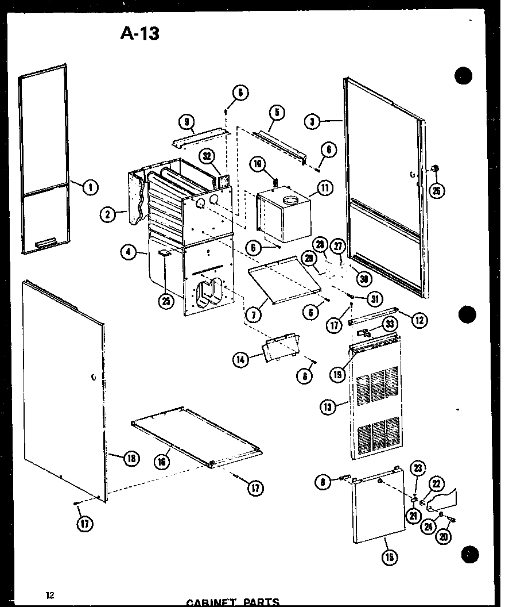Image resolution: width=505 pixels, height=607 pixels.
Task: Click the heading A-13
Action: pos(139,33)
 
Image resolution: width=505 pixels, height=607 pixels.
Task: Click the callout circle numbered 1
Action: pos(91,186)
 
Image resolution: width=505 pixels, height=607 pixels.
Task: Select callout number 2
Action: pos(107,215)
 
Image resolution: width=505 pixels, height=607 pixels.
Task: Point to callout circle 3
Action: pos(313,122)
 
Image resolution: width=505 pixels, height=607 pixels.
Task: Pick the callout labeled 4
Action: pos(129,251)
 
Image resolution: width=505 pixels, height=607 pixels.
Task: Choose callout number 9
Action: pos(185,121)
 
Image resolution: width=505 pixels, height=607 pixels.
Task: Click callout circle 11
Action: pos(325,187)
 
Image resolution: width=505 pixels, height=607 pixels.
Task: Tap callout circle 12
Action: pos(419,320)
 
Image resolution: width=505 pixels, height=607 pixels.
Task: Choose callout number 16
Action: pos(164,461)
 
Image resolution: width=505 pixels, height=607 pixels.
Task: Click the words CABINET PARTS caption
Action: pos(233,602)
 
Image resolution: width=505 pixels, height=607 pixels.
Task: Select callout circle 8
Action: pos(324,482)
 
